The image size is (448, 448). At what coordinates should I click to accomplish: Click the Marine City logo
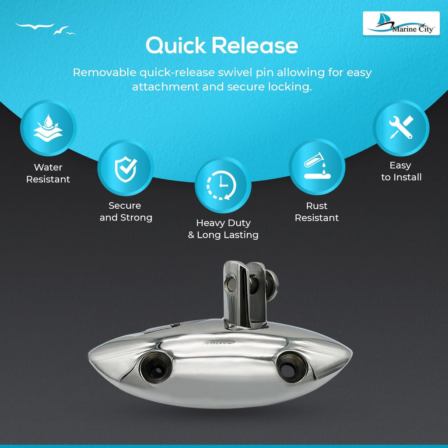click(x=401, y=24)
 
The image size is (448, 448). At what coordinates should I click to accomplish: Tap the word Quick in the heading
click(x=176, y=45)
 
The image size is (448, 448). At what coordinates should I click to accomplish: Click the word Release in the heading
click(x=255, y=45)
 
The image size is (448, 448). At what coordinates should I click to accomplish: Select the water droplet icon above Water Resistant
click(x=48, y=128)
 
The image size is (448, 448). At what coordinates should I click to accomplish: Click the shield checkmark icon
click(x=126, y=169)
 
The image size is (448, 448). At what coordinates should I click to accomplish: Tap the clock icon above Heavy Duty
click(x=222, y=185)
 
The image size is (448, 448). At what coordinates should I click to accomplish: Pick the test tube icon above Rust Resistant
click(x=317, y=166)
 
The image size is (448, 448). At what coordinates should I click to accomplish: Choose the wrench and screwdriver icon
click(x=401, y=127)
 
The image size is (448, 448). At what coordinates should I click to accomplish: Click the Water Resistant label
click(x=48, y=173)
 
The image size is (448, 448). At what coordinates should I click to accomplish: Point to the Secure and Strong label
click(x=126, y=211)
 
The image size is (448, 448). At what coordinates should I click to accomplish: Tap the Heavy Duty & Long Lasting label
click(x=223, y=229)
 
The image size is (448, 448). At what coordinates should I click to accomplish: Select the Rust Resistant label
click(x=317, y=212)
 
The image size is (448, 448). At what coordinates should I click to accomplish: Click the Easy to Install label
click(x=401, y=171)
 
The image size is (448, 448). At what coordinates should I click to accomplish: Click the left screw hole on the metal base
click(x=156, y=367)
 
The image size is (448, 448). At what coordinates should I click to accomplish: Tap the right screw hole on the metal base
click(x=292, y=367)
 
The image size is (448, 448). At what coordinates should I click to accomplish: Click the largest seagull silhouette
click(x=35, y=26)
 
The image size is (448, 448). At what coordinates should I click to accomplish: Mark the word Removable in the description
click(x=105, y=72)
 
